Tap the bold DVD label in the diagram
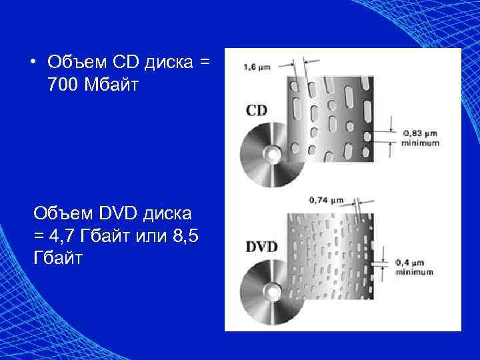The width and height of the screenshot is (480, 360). click(261, 246)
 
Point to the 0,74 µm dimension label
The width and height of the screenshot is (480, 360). click(327, 199)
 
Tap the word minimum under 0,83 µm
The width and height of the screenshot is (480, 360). click(421, 143)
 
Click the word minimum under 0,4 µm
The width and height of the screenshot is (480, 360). click(414, 272)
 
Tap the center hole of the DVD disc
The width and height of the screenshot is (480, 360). click(272, 292)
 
